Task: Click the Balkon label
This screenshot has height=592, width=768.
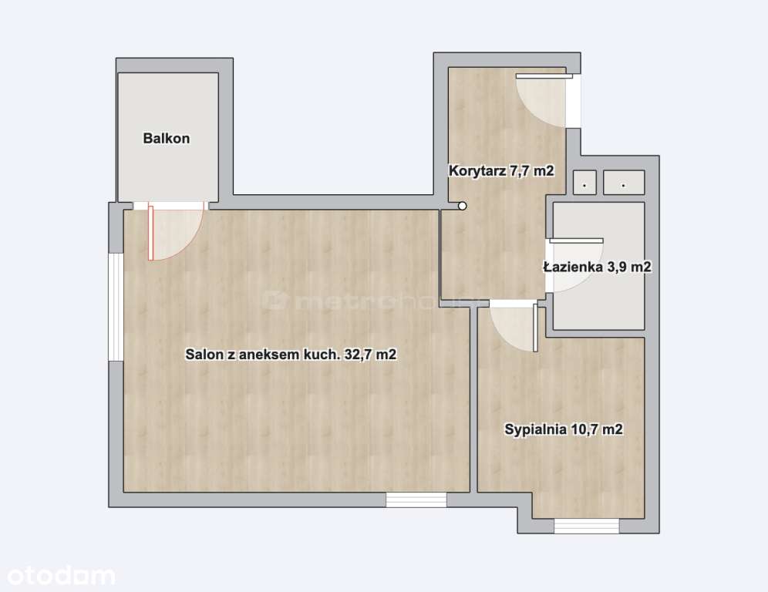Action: click(x=167, y=139)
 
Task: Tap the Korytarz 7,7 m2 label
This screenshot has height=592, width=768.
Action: click(x=501, y=171)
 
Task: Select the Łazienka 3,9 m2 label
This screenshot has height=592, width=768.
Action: click(x=597, y=267)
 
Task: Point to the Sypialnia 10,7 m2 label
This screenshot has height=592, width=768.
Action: click(x=563, y=430)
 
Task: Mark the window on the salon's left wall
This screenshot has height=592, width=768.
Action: click(x=116, y=306)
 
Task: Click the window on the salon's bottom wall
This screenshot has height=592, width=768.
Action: click(x=416, y=499)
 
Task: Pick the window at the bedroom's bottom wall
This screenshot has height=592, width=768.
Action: click(x=586, y=526)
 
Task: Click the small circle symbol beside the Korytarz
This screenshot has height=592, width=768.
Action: click(x=462, y=206)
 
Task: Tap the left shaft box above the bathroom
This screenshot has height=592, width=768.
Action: click(x=584, y=182)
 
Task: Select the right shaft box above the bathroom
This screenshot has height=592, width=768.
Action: click(x=624, y=182)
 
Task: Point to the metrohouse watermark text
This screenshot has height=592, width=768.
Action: click(x=370, y=300)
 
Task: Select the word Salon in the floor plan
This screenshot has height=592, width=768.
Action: click(x=202, y=355)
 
